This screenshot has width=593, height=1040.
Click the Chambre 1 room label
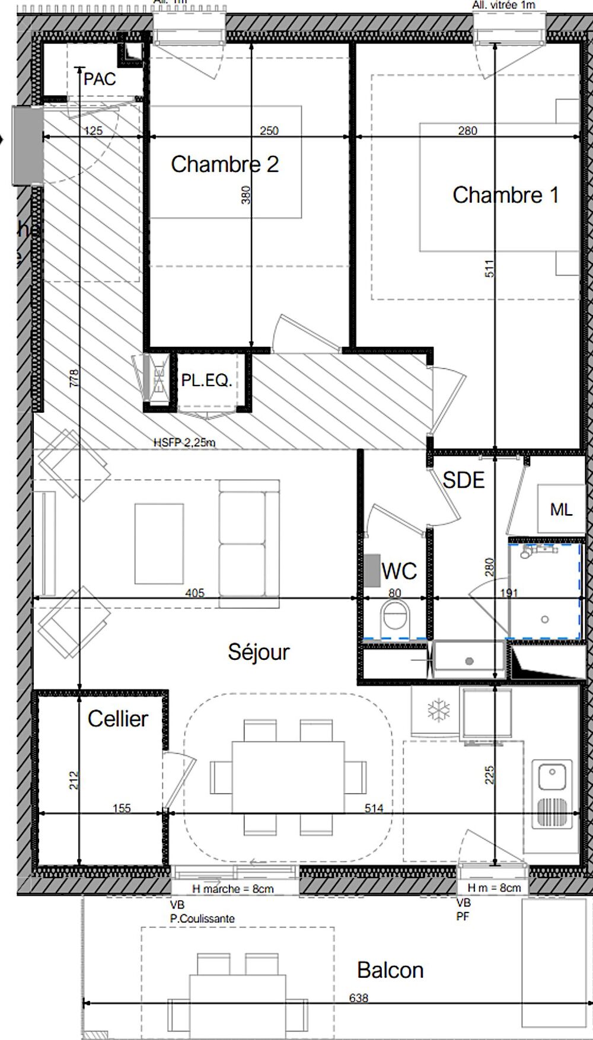pyautogui.click(x=505, y=195)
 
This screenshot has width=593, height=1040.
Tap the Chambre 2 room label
pyautogui.click(x=225, y=164)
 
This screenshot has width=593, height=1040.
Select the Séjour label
pyautogui.click(x=259, y=652)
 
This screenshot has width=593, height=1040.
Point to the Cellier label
pyautogui.click(x=117, y=719)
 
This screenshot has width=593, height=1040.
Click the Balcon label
pyautogui.click(x=390, y=970)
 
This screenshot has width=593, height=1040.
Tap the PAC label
pyautogui.click(x=100, y=79)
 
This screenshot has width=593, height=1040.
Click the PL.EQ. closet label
pyautogui.click(x=206, y=380)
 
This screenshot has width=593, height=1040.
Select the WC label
pyautogui.click(x=399, y=571)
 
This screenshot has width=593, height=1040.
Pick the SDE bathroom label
pyautogui.click(x=464, y=480)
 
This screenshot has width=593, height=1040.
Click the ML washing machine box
pyautogui.click(x=560, y=509)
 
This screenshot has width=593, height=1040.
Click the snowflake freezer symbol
pyautogui.click(x=439, y=710)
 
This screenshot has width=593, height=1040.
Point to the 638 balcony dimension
pyautogui.click(x=359, y=998)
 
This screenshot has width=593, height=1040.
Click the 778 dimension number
pyautogui.click(x=74, y=378)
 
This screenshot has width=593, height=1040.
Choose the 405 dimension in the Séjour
pyautogui.click(x=195, y=592)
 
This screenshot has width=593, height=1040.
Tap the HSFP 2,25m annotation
pyautogui.click(x=184, y=442)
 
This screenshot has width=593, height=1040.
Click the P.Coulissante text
pyautogui.click(x=202, y=918)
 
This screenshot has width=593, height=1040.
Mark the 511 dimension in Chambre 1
pyautogui.click(x=489, y=269)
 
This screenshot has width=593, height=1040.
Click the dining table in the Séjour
pyautogui.click(x=288, y=777)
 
